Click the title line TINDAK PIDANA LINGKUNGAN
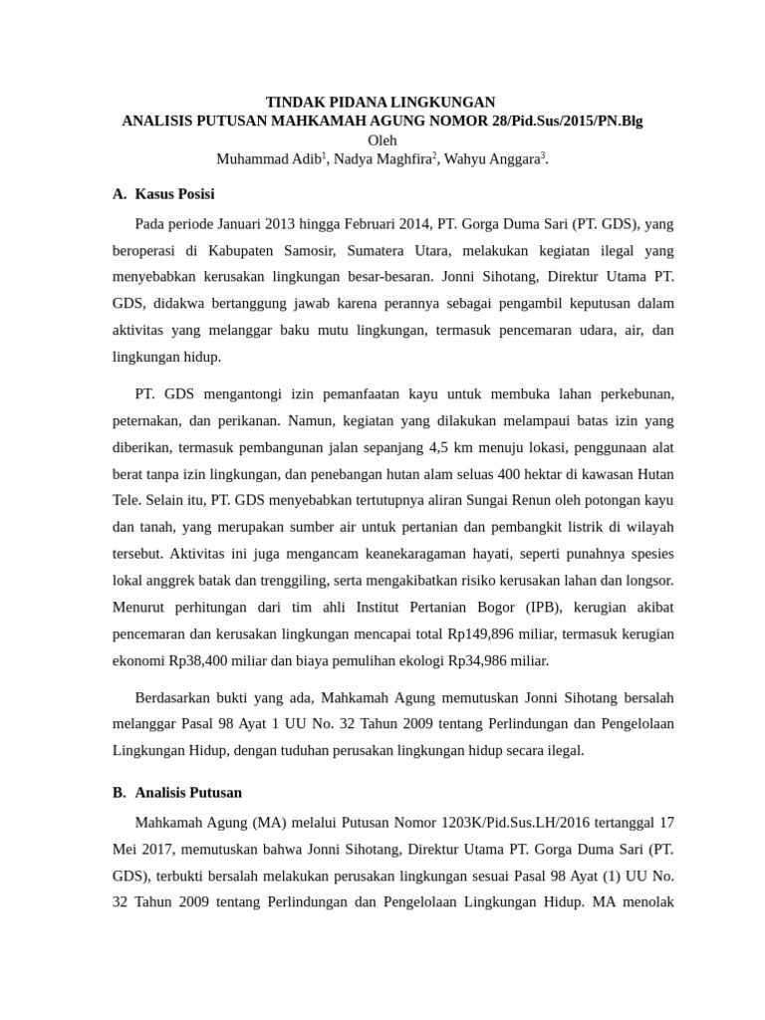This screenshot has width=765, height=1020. (380, 103)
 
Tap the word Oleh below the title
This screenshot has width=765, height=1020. (382, 140)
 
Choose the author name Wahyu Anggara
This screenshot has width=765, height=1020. (493, 159)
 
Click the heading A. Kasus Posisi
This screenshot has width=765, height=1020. (163, 193)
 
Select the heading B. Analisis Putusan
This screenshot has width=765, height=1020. (176, 793)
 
